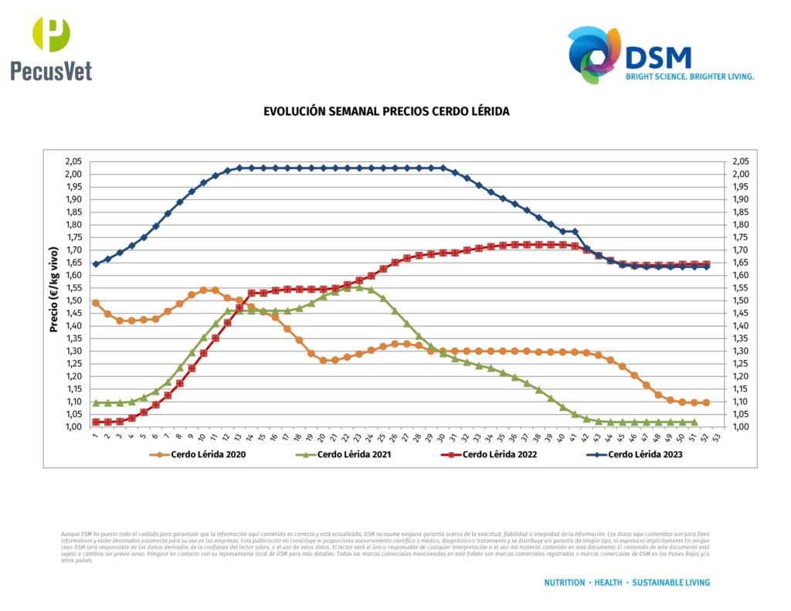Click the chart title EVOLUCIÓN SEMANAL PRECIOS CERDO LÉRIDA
[386, 111]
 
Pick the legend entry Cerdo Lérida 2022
[499, 454]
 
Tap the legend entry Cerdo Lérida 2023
[644, 454]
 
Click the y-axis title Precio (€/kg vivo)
[54, 294]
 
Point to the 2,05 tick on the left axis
[73, 161]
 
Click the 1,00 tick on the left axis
[73, 427]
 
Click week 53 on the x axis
[718, 437]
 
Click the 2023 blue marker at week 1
[96, 264]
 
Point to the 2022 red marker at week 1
[96, 422]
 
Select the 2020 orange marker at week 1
[96, 303]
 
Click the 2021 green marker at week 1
[96, 402]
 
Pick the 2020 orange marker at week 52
[706, 402]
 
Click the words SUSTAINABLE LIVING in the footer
[670, 582]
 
